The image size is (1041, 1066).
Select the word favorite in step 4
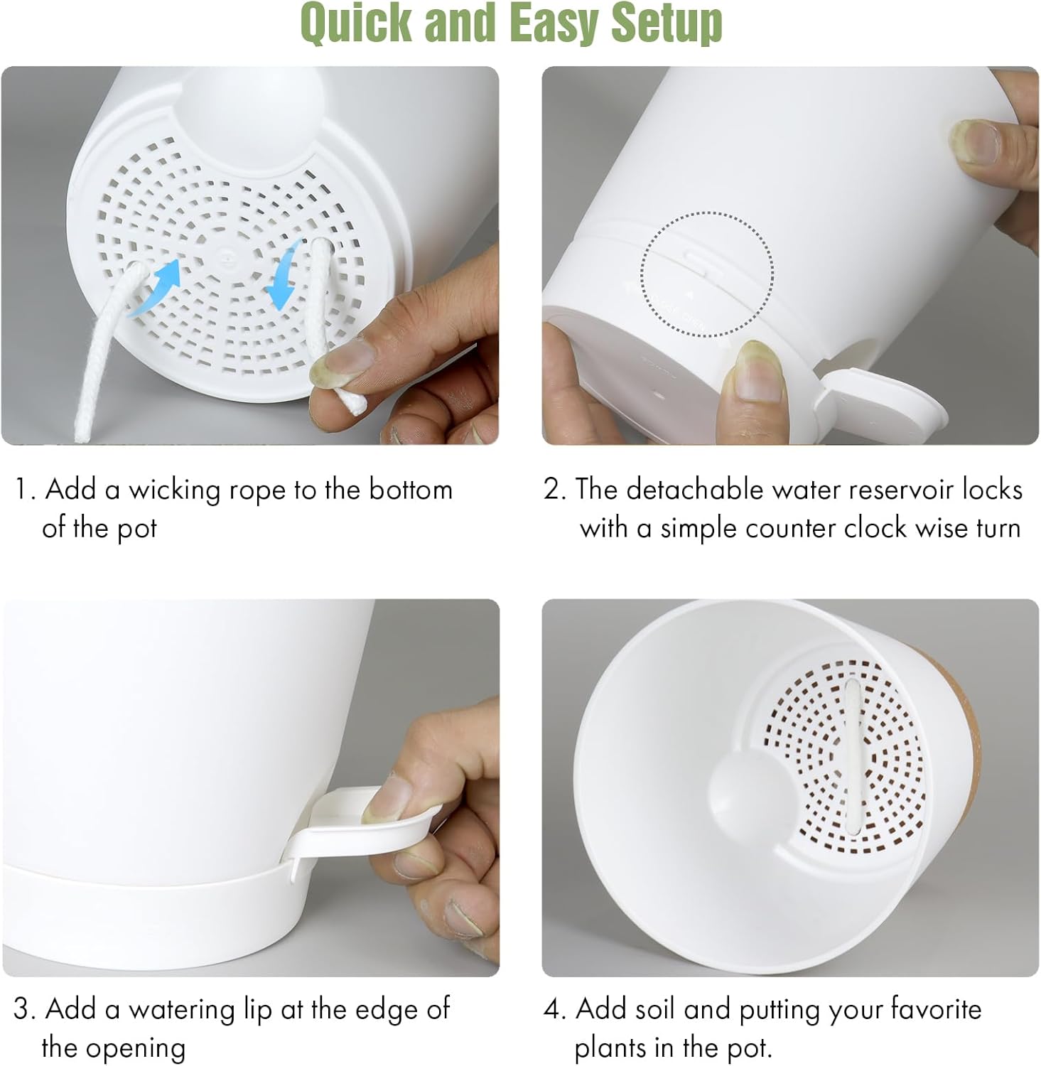pos(936,1010)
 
